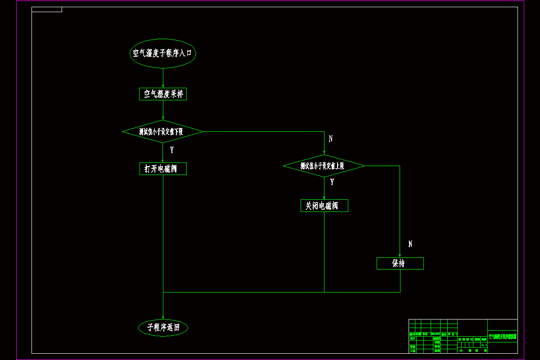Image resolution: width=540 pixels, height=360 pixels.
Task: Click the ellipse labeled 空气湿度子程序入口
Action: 163,53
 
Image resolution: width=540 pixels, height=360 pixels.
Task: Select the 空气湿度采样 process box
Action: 163,94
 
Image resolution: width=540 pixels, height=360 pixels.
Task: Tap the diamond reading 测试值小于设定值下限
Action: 163,132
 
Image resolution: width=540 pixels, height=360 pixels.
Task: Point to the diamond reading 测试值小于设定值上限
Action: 324,166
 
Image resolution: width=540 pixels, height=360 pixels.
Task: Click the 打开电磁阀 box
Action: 163,169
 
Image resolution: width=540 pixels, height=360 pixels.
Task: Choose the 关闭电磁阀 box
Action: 324,206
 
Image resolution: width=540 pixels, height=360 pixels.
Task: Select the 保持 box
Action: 400,263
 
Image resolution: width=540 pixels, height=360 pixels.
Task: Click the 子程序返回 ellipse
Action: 163,328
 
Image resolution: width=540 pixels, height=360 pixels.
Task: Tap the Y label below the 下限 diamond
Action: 171,150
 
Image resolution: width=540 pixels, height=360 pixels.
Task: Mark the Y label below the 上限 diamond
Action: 332,182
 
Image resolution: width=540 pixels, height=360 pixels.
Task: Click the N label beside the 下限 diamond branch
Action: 331,139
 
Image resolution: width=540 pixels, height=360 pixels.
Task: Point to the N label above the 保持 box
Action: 410,244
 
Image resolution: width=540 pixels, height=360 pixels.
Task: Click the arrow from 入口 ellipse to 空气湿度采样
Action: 163,78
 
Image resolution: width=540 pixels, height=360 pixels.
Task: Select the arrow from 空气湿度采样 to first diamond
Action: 163,110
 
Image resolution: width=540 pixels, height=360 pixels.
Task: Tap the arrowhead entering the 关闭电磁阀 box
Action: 324,197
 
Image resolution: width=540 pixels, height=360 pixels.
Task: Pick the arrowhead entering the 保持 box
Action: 400,255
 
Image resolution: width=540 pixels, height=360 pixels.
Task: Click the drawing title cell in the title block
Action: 503,336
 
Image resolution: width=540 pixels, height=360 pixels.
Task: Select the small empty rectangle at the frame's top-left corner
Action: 47,9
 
